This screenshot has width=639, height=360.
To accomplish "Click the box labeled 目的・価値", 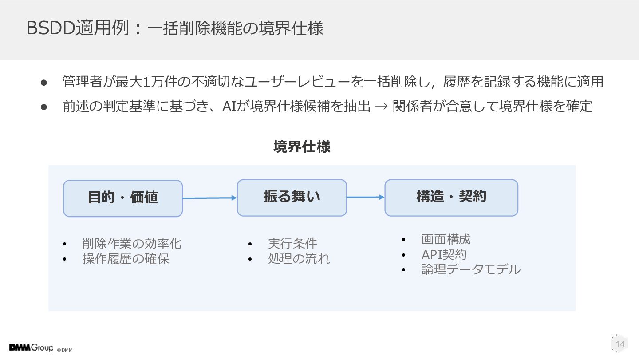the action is coord(123,198).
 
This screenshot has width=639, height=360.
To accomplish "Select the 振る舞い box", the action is coord(292,198).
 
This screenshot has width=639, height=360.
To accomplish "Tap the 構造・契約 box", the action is coord(451,198).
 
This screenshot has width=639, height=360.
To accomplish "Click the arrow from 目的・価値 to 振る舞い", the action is coord(209,198).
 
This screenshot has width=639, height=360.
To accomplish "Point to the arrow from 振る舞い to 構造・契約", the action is coord(366,197).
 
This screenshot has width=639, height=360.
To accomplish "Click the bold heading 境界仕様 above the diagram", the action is coord(302,146).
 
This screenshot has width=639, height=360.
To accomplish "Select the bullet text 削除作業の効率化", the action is coord(132,244).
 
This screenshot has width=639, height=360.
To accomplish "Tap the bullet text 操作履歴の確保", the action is coord(126,259).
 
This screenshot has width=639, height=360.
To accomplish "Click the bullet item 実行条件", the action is coord(292,243).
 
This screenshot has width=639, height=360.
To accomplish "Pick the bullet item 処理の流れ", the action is coord(299,259).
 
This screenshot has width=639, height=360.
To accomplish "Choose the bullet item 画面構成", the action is coord(446,239).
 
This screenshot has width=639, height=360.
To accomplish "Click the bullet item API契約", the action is coord(444,254).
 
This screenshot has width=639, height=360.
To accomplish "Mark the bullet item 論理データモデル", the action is coord(471,269).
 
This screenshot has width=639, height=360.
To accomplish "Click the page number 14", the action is coord(620,344).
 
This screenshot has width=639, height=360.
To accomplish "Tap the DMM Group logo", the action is coord(31,348).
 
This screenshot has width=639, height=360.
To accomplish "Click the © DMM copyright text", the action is coord(65,350).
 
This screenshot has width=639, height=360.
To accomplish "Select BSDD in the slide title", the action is coord(51,28).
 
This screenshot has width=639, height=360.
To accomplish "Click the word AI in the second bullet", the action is coord(229,106).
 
